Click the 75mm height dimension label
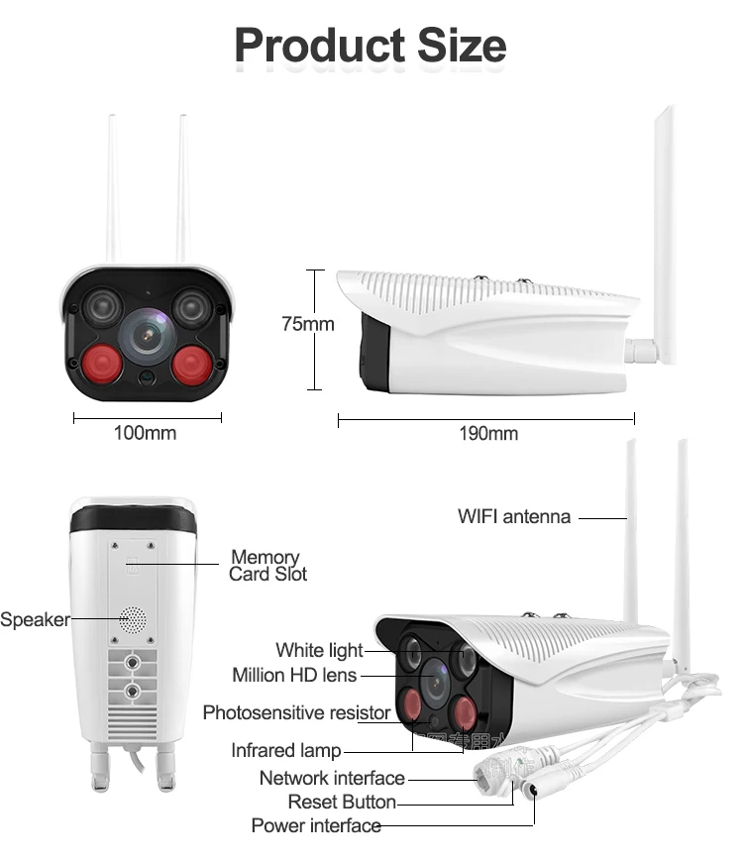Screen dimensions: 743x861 [x=307, y=324]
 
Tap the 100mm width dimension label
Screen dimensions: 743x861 [x=145, y=433]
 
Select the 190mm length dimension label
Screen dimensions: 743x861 [x=487, y=433]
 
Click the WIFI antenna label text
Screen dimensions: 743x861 [x=514, y=516]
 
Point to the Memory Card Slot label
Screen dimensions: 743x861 [x=266, y=566]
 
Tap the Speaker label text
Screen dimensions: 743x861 [x=35, y=620]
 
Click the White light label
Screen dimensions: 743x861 [x=319, y=651]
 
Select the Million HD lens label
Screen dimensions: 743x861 [x=294, y=675]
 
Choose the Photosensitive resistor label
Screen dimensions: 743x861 [x=296, y=712]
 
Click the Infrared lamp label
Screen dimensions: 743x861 [x=285, y=751]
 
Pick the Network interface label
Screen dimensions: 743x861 [x=332, y=778]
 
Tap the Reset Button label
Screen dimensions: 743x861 [x=342, y=802]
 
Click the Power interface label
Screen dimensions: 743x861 [x=316, y=825]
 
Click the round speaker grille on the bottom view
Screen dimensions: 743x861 [x=131, y=620]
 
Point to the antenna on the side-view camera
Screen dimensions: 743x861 [x=662, y=228]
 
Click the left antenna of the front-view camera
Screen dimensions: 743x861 [x=112, y=188]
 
